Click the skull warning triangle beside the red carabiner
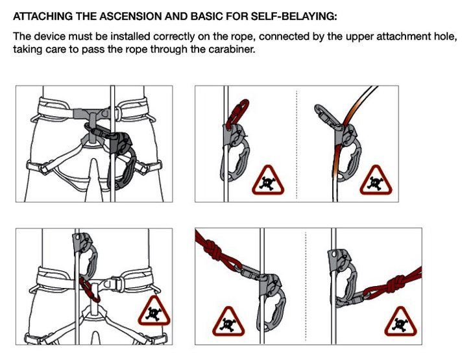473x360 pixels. [x=268, y=180]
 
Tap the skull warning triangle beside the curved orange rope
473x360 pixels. [x=376, y=180]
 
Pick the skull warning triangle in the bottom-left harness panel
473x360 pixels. [x=154, y=311]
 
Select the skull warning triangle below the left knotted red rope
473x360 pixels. [x=228, y=322]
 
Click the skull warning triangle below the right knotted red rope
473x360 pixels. [x=400, y=322]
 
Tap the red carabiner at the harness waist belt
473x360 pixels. [x=90, y=290]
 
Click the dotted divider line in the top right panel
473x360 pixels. [x=297, y=144]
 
